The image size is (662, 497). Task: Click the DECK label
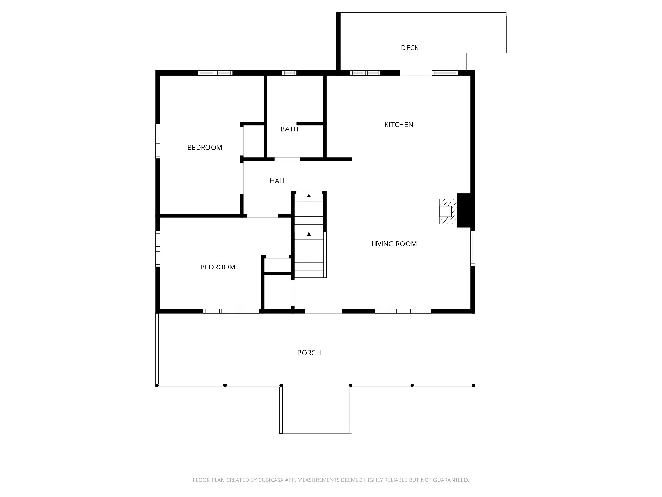[410, 48]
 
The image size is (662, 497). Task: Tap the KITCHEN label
[398, 125]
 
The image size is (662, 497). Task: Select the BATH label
[289, 129]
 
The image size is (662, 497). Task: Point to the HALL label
[278, 181]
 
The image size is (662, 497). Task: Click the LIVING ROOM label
[394, 244]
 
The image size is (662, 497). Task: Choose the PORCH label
[309, 353]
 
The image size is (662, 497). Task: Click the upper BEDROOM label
[204, 147]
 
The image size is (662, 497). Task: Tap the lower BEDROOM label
[217, 267]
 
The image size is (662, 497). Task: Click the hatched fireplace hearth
[448, 211]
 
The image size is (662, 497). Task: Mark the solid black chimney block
[464, 210]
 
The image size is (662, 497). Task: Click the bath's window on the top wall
[289, 72]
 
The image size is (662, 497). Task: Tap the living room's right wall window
[473, 248]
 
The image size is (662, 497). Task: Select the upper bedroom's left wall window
[157, 141]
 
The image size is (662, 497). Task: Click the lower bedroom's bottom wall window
[231, 311]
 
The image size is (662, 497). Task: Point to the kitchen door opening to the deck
[416, 73]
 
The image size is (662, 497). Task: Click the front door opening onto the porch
[323, 311]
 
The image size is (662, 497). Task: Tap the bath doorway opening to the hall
[288, 159]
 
